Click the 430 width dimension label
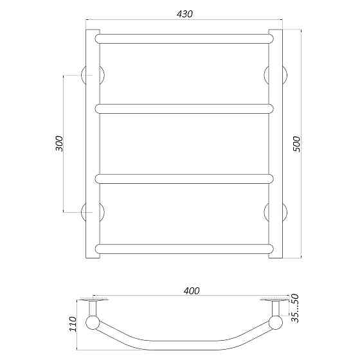pos(184,14)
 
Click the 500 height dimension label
pos(296,144)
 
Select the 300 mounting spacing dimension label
pos(59,143)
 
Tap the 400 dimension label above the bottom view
pos(192,291)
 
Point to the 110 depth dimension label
pos(73,324)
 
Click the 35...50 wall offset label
pos(295,309)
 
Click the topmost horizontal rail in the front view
pos(184,39)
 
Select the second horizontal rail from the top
pos(184,109)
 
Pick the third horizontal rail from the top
pos(184,179)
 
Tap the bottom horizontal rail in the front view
pos(184,249)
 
